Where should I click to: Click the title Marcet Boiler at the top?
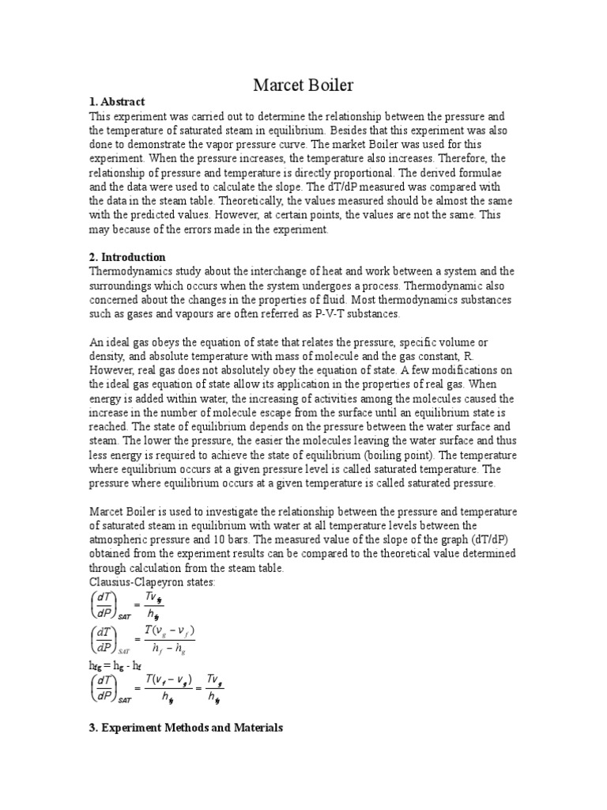click(303, 85)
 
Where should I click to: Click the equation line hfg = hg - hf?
click(114, 667)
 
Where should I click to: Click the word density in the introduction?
click(107, 357)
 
